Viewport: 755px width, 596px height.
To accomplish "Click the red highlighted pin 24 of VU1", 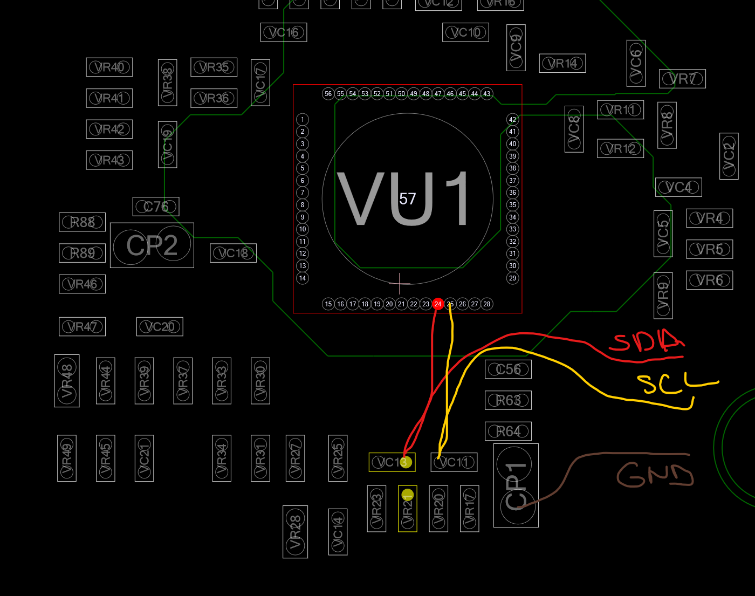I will click(438, 304).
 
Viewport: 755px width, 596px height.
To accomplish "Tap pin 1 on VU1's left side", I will click(303, 119).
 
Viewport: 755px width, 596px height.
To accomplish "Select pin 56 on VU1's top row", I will click(328, 94).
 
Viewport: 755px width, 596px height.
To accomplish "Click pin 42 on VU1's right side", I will click(512, 119).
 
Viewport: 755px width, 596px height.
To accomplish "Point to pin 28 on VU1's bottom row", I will click(486, 304).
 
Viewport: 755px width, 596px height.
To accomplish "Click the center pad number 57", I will click(408, 199).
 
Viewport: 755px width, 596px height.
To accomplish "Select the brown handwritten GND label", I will click(655, 475).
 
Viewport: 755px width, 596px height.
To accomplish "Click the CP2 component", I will click(152, 245).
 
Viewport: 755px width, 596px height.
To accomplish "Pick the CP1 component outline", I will click(516, 485).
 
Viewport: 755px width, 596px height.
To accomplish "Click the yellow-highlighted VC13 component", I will click(392, 462).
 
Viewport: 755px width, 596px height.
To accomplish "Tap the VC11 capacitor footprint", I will click(454, 462).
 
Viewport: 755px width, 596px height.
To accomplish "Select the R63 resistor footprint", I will click(508, 400).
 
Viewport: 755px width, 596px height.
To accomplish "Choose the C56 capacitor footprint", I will click(508, 369).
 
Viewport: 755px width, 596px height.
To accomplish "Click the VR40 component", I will click(109, 67).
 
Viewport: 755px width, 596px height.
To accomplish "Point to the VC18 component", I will click(233, 253).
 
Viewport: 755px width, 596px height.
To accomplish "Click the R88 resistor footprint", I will click(82, 222).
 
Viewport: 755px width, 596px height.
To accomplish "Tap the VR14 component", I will click(562, 64).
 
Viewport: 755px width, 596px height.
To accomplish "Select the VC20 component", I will click(160, 327).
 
